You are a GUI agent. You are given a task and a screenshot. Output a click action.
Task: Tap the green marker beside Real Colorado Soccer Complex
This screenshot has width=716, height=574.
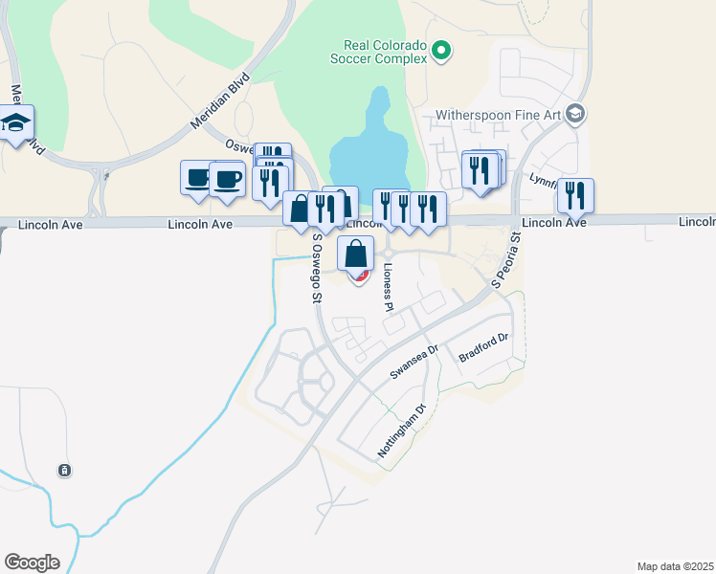pyautogui.click(x=441, y=50)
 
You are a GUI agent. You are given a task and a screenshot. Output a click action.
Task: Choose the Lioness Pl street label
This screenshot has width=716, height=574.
pyautogui.click(x=389, y=288)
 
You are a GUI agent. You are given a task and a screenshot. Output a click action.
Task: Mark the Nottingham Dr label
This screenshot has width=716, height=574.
pyautogui.click(x=401, y=431)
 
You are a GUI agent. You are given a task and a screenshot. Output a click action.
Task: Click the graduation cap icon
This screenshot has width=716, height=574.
pyautogui.click(x=16, y=123)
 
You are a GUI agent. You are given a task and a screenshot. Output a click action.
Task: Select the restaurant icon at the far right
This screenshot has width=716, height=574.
pyautogui.click(x=575, y=195)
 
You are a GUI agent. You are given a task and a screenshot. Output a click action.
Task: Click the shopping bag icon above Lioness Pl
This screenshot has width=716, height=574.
pyautogui.click(x=355, y=254)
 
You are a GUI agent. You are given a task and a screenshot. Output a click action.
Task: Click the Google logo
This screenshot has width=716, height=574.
pyautogui.click(x=32, y=563)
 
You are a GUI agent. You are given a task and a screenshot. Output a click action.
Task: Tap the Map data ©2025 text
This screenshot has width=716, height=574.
pyautogui.click(x=675, y=566)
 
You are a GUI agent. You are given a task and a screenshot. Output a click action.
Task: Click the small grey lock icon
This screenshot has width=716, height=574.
pyautogui.click(x=64, y=471)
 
